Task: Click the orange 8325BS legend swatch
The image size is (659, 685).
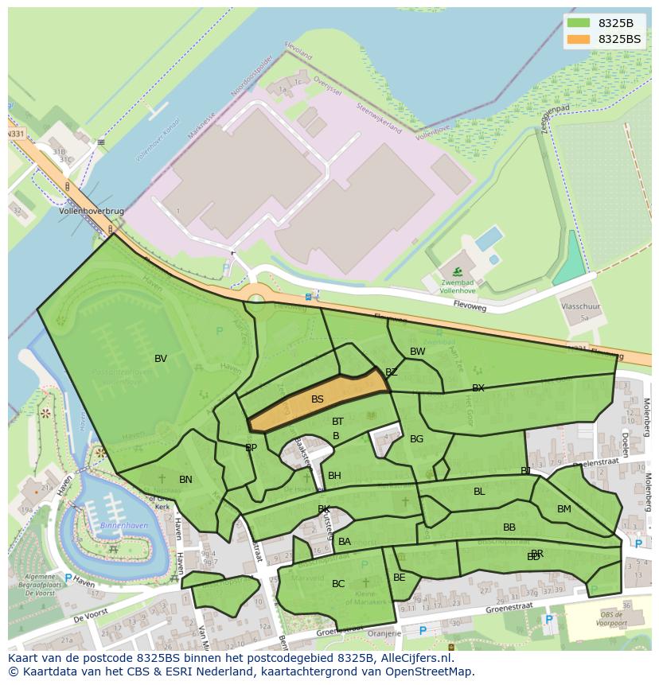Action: (579, 39)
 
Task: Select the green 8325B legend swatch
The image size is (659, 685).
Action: (579, 22)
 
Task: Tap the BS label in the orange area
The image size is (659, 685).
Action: (318, 399)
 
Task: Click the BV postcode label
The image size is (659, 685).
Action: (161, 359)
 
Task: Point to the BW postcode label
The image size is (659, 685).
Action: (417, 352)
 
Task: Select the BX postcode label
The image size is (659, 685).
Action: (478, 388)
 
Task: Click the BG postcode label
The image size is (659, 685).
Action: (416, 439)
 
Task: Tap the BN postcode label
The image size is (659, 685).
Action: (185, 480)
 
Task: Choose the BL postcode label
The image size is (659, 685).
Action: (479, 492)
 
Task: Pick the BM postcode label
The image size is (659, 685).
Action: (563, 509)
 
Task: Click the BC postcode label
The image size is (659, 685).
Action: (338, 584)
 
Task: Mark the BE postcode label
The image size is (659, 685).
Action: (400, 578)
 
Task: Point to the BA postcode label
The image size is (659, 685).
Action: (345, 542)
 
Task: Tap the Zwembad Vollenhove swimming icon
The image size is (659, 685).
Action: (457, 272)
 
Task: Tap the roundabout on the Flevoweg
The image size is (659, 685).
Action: (255, 299)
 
